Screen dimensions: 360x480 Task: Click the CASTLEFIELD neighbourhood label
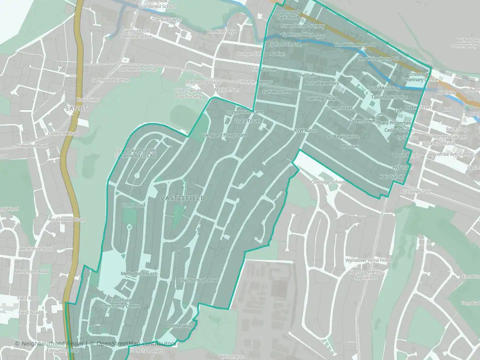[x=183, y=198]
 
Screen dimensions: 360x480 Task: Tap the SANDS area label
[x=76, y=108]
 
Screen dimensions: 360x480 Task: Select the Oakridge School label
[x=328, y=182]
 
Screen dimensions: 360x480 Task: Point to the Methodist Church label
[x=139, y=273]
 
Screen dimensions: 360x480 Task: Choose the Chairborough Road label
[x=198, y=280]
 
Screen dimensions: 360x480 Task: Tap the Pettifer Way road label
[x=179, y=326]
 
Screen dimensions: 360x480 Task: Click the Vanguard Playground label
[x=224, y=135]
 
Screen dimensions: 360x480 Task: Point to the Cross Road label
[x=133, y=205]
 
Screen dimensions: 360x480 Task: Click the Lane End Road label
[x=63, y=133]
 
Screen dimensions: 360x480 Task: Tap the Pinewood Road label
[x=31, y=146]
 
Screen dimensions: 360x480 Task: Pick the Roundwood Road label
[x=66, y=219]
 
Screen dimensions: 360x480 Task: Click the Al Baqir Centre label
[x=343, y=136]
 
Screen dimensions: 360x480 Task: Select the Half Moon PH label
[x=276, y=92]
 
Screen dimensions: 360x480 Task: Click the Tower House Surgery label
[x=302, y=25]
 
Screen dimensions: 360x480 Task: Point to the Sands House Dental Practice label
[x=136, y=33]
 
